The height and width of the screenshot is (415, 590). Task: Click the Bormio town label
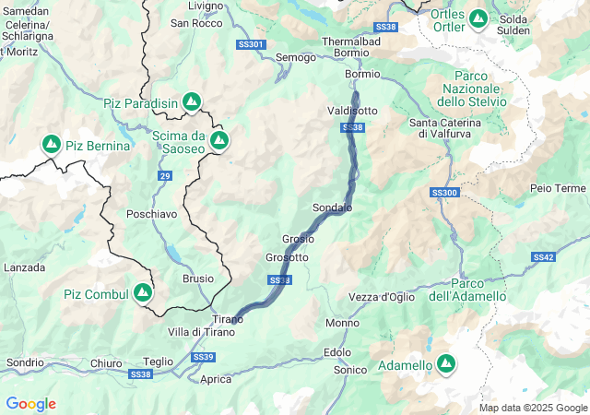[x=361, y=74]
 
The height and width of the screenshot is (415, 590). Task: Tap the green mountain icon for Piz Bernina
[x=50, y=145]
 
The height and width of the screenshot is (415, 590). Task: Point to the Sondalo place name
[x=333, y=208]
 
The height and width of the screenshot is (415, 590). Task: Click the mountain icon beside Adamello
[x=446, y=365]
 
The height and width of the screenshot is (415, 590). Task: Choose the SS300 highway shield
[x=443, y=193]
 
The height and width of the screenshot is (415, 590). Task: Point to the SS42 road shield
[x=543, y=257]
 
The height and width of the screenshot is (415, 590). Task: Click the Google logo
[x=30, y=404]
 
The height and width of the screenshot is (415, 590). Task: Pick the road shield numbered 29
[x=164, y=175]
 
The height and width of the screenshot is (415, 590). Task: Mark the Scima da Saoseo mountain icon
[x=219, y=140]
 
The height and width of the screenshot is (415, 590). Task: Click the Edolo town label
[x=338, y=352]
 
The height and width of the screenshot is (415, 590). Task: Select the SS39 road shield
[x=204, y=357]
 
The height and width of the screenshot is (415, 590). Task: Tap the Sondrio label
[x=25, y=362]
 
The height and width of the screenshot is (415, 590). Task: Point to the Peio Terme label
[x=557, y=188]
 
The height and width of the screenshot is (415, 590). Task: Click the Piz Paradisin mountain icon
[x=191, y=101]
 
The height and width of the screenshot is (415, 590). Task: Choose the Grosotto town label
[x=287, y=257]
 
